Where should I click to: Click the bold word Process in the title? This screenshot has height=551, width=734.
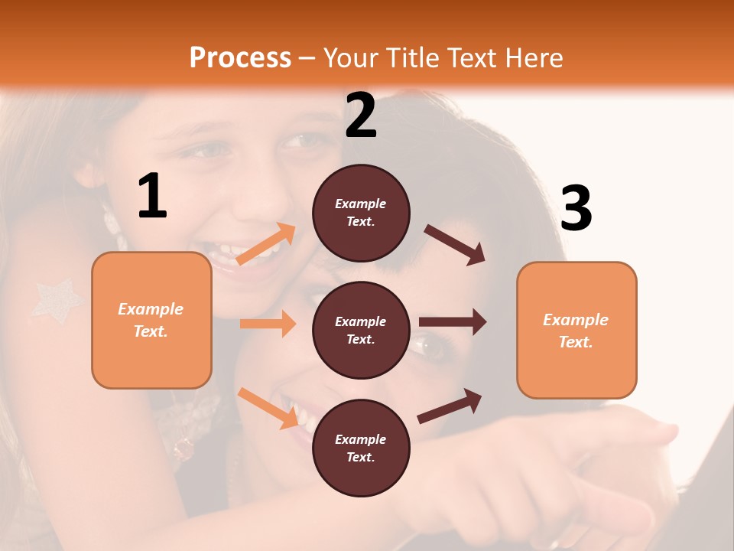point(240,57)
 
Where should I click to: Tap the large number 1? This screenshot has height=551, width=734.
point(152,197)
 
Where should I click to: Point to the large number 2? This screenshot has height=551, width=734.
point(361,116)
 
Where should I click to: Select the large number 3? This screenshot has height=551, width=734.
point(576,209)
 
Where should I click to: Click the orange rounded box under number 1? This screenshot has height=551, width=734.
point(151,320)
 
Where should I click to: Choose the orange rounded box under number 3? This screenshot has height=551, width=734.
point(576,330)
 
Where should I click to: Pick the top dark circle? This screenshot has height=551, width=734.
point(361,213)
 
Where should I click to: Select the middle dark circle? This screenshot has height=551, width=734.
point(361,330)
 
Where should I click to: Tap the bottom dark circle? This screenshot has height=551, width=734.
point(361,448)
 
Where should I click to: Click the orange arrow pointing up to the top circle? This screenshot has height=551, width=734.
point(266,244)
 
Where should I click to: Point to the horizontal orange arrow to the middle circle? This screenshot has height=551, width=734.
point(268,324)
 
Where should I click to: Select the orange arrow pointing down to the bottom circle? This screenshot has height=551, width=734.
point(268,407)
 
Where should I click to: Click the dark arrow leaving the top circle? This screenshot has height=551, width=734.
point(455,244)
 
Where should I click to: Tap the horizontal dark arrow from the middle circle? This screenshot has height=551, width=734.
point(453,321)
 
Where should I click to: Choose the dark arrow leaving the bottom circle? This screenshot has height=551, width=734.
point(450,406)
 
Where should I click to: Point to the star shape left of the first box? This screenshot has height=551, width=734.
point(56,299)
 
